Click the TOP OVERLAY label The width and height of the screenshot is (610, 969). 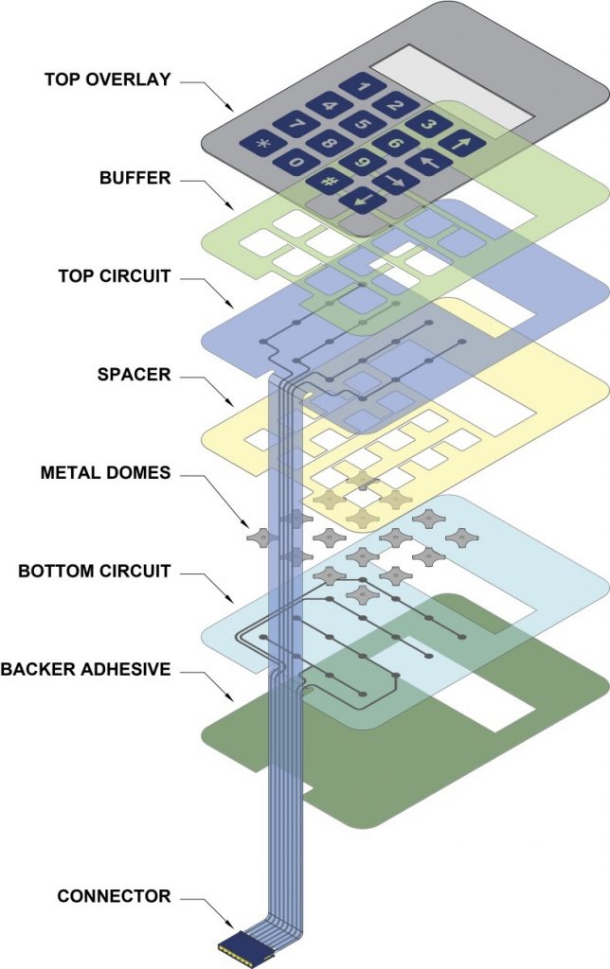point(107,79)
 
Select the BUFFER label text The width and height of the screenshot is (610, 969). point(135,177)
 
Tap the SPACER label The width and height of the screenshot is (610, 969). point(135,374)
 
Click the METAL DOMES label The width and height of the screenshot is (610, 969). point(105,472)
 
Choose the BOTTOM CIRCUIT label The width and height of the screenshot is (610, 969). point(95,571)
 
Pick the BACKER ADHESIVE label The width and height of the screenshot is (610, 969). point(85,669)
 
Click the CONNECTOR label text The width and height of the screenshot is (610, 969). point(114,895)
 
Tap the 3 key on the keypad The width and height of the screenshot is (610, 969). point(428,124)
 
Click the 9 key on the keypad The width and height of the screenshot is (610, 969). point(363,163)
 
